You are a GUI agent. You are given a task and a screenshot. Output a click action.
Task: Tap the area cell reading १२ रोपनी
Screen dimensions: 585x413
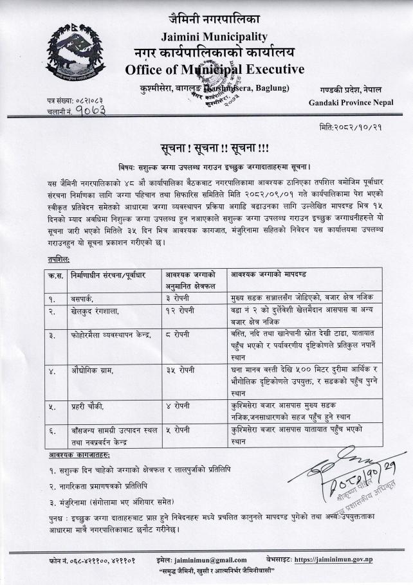click(182, 312)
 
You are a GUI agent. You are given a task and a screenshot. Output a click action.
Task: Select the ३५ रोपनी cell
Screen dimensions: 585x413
click(182, 372)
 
